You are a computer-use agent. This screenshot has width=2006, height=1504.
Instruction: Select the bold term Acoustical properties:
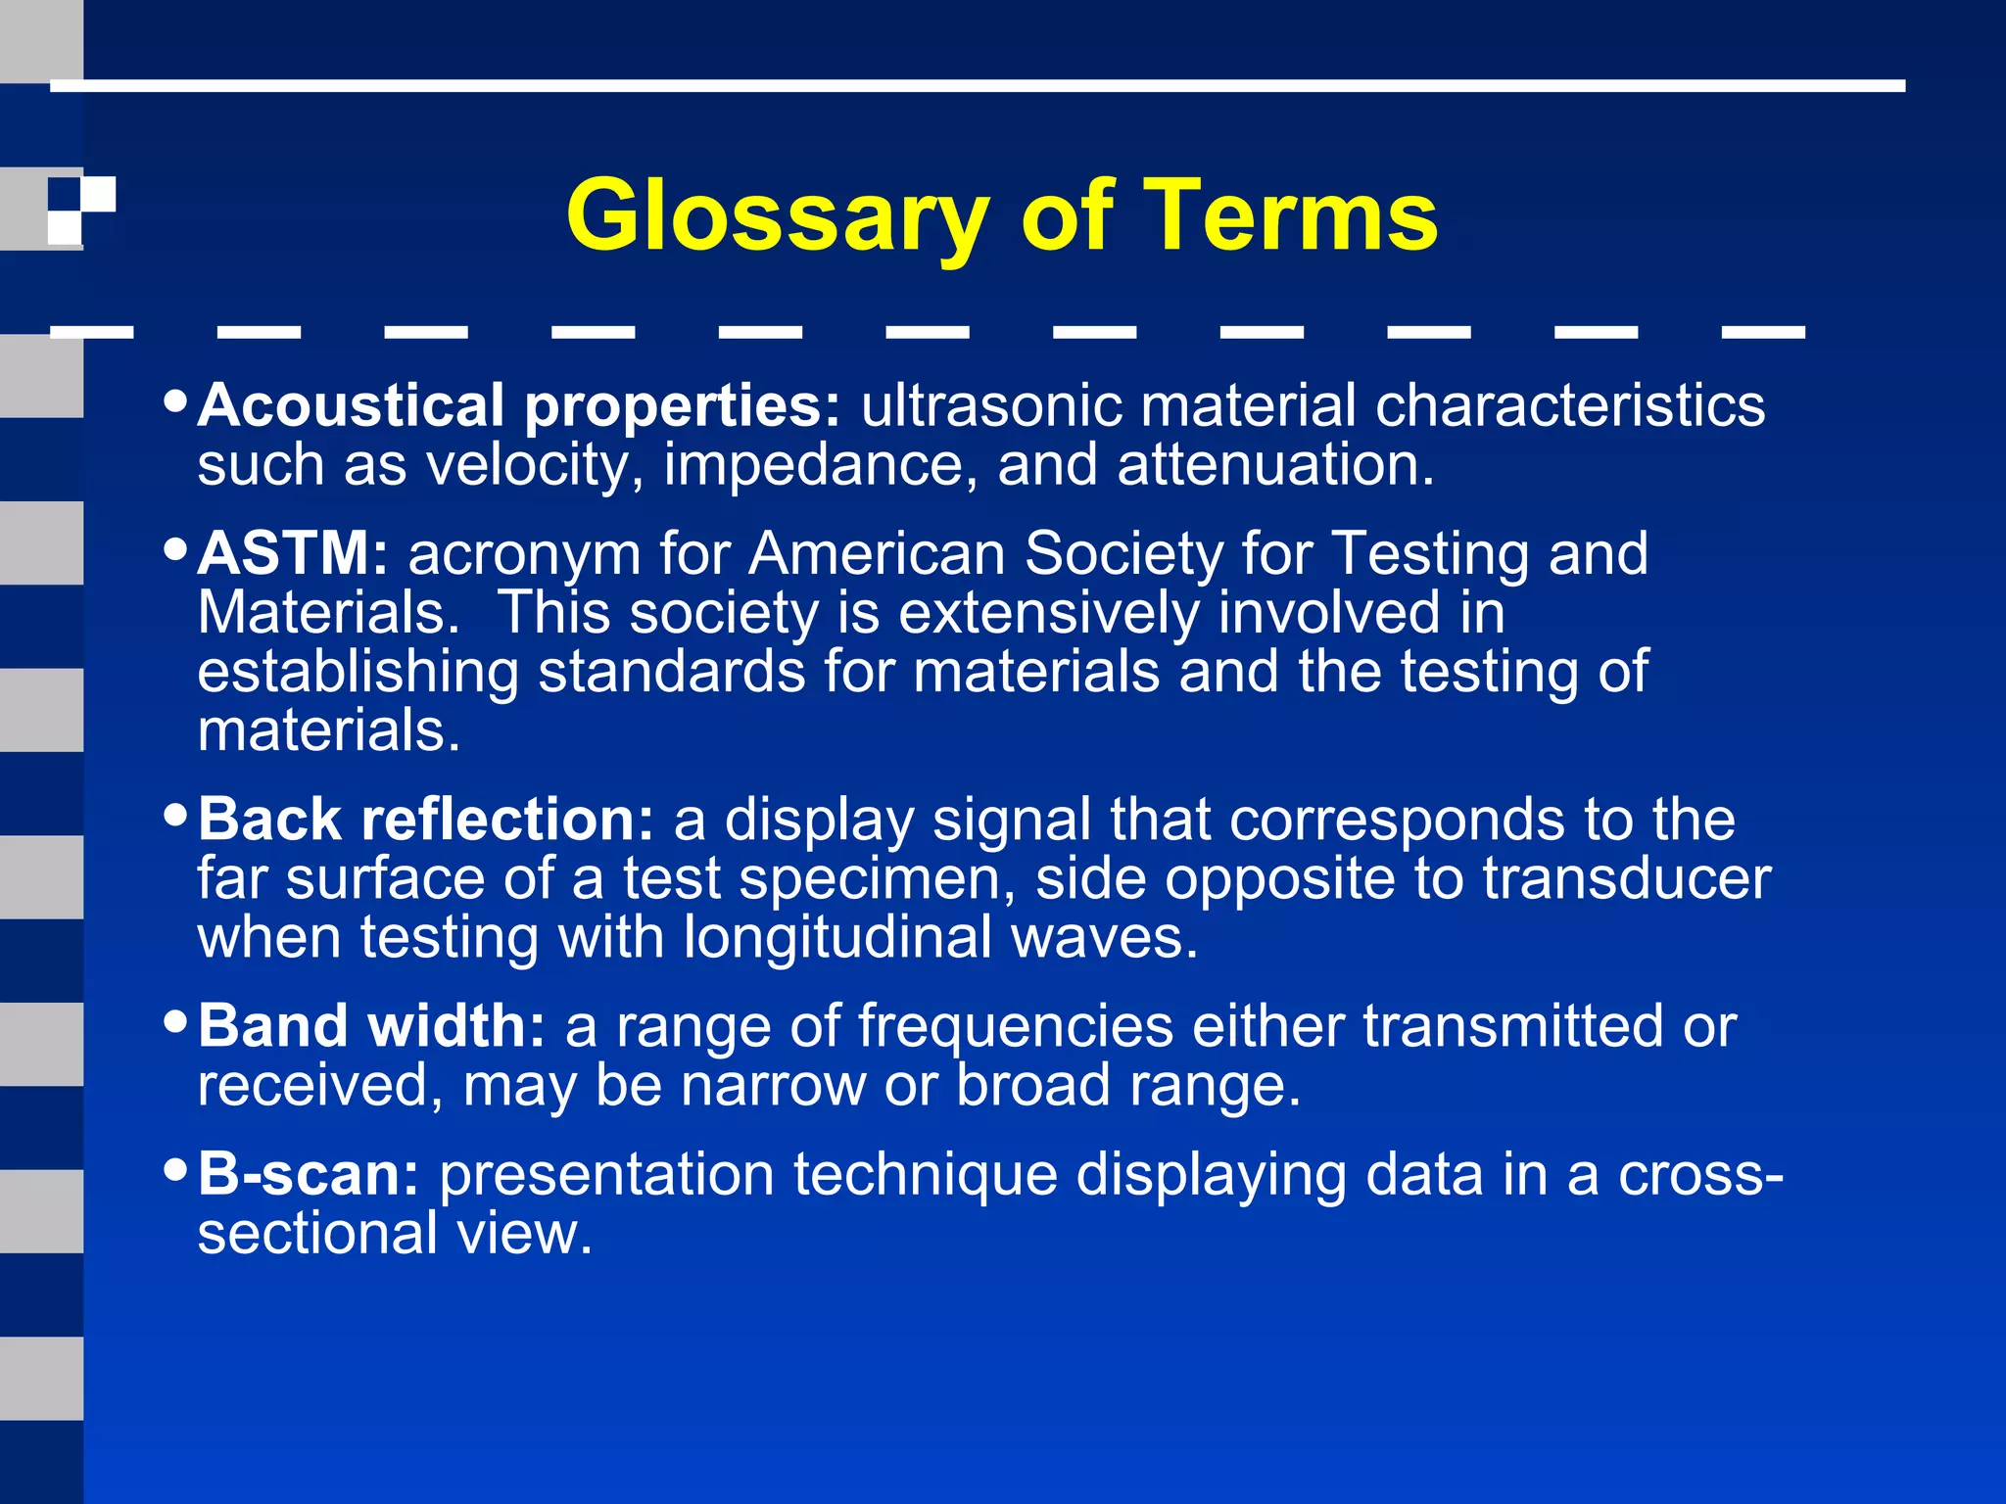click(519, 405)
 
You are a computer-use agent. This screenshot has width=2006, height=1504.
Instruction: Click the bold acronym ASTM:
click(293, 553)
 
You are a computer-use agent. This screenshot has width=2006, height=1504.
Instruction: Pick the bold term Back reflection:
click(425, 820)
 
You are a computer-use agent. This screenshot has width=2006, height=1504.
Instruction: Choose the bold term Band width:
click(371, 1026)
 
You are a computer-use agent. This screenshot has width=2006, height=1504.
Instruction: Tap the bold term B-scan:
click(309, 1174)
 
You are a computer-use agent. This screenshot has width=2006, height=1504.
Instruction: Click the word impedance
click(821, 465)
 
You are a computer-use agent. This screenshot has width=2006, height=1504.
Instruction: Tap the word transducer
click(1626, 878)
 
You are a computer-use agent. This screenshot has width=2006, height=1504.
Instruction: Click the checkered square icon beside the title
click(81, 210)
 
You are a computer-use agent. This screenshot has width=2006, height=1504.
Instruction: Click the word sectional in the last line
click(316, 1233)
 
